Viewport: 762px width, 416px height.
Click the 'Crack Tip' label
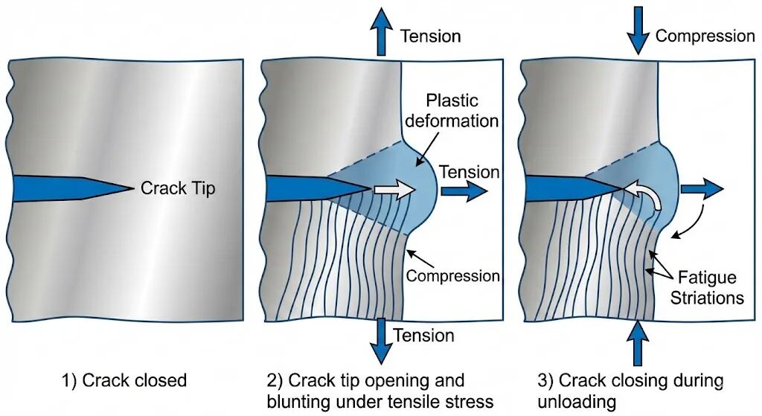click(x=177, y=188)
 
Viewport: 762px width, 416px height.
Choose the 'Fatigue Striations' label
click(x=706, y=288)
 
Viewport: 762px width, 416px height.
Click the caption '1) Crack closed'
click(x=124, y=381)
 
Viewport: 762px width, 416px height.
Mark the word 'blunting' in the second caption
click(x=302, y=402)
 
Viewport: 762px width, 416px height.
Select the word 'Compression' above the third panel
click(x=705, y=36)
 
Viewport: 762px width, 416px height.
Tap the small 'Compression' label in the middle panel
click(x=453, y=276)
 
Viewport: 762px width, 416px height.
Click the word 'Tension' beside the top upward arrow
click(x=431, y=36)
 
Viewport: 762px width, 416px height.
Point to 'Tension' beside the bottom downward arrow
click(x=423, y=335)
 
